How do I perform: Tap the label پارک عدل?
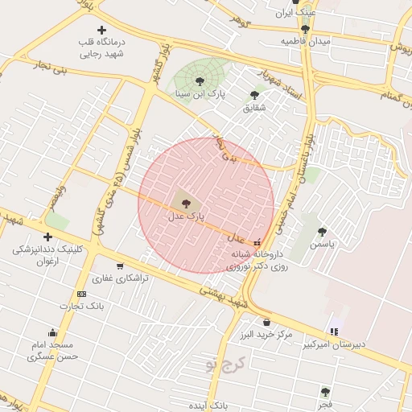click(x=187, y=216)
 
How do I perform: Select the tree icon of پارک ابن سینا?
click(x=200, y=80)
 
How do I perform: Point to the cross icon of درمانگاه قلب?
click(x=101, y=30)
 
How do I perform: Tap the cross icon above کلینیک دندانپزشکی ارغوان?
click(x=47, y=237)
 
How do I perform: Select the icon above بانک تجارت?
click(x=81, y=294)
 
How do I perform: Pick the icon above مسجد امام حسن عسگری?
click(x=53, y=332)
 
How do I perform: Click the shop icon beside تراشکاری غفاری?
click(x=120, y=266)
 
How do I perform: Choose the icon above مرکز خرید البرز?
click(x=266, y=323)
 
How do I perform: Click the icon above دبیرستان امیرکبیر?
click(x=334, y=332)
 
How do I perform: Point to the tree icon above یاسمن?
click(x=322, y=232)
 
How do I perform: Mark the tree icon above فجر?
click(x=325, y=393)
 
